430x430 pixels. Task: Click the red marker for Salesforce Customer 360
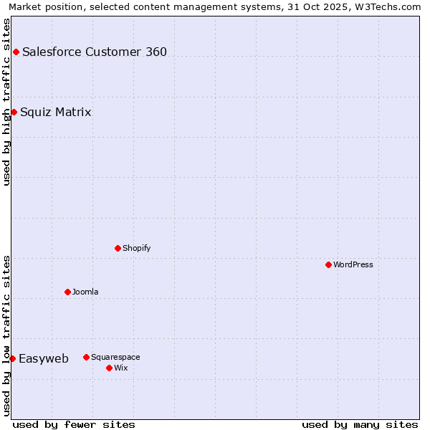coord(16,52)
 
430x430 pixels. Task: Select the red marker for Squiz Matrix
coord(14,112)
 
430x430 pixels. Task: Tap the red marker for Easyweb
coord(12,358)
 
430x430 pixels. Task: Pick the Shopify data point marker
coord(118,248)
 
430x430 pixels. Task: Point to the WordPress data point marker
coord(328,264)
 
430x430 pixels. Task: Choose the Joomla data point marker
coord(67,292)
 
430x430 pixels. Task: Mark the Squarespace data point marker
coord(86,357)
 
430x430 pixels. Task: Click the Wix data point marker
coord(109,368)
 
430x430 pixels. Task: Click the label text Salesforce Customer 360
coord(95,52)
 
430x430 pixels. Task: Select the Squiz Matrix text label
coord(56,112)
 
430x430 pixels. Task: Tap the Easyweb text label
coord(44,358)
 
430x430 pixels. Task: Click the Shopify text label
coord(136,248)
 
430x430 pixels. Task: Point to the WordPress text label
coord(353,264)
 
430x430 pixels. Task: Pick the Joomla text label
coord(85,292)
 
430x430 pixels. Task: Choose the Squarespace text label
coord(115,357)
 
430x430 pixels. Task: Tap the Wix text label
coord(120,368)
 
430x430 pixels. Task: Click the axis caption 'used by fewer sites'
coord(74,424)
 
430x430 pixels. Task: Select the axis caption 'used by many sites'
coord(360,424)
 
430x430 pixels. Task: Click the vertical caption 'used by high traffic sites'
coord(6,102)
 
